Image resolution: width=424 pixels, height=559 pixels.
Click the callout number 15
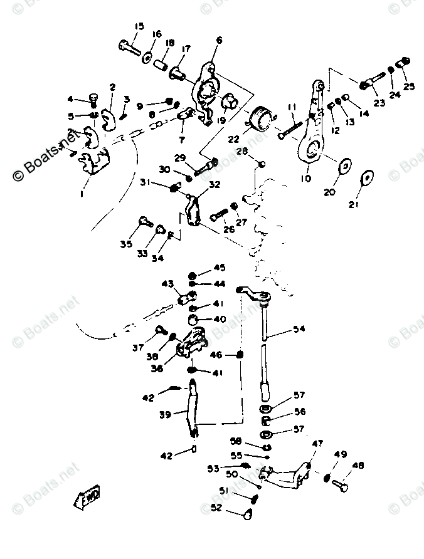point(139,26)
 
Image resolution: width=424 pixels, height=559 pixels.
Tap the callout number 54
point(299,329)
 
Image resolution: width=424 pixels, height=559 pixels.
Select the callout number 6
point(218,41)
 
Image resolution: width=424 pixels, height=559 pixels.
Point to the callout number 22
point(233,139)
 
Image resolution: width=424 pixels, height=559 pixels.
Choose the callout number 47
point(317,444)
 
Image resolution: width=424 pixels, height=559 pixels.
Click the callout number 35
point(126,244)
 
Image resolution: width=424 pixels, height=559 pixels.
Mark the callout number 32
point(215,185)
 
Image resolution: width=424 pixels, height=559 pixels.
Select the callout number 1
point(82,194)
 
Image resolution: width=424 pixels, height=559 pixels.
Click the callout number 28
point(241,152)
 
